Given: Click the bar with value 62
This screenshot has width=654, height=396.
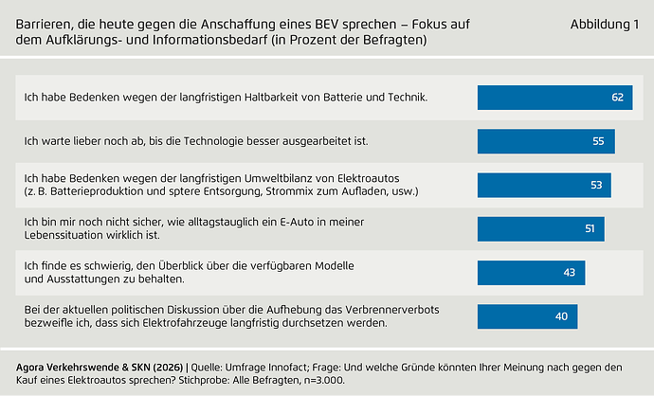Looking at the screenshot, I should pyautogui.click(x=554, y=98).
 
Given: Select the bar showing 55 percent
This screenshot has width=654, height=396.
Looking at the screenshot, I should pyautogui.click(x=546, y=141).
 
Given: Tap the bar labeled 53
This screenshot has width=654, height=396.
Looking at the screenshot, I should pyautogui.click(x=543, y=185).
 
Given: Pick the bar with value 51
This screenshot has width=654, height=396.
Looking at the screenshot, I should pyautogui.click(x=540, y=228).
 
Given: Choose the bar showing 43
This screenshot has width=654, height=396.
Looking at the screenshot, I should pyautogui.click(x=531, y=272).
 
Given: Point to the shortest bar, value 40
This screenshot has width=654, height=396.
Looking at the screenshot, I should pyautogui.click(x=527, y=315).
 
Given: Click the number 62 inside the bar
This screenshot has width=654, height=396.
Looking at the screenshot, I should pyautogui.click(x=618, y=98).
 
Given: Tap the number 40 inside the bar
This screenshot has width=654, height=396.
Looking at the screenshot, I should pyautogui.click(x=562, y=315).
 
